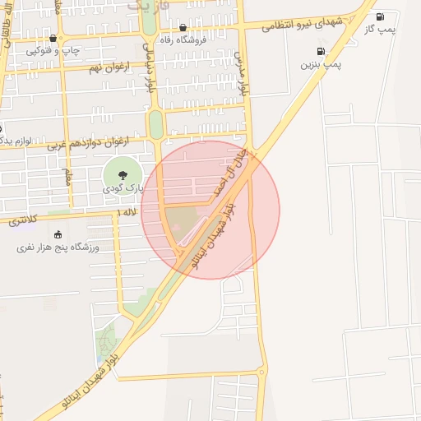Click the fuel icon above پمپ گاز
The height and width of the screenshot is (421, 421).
pyautogui.click(x=379, y=16)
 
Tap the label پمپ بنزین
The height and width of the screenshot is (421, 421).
pyautogui.click(x=320, y=63)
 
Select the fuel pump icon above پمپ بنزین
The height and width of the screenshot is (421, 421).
pyautogui.click(x=320, y=51)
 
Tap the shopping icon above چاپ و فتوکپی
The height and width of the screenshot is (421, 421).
pyautogui.click(x=53, y=38)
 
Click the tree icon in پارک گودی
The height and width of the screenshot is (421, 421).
pyautogui.click(x=122, y=174)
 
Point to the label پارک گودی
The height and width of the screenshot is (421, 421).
pyautogui.click(x=123, y=188)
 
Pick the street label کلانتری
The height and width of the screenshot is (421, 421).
pyautogui.click(x=23, y=221)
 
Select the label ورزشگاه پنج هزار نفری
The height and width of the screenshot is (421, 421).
pyautogui.click(x=58, y=247)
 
